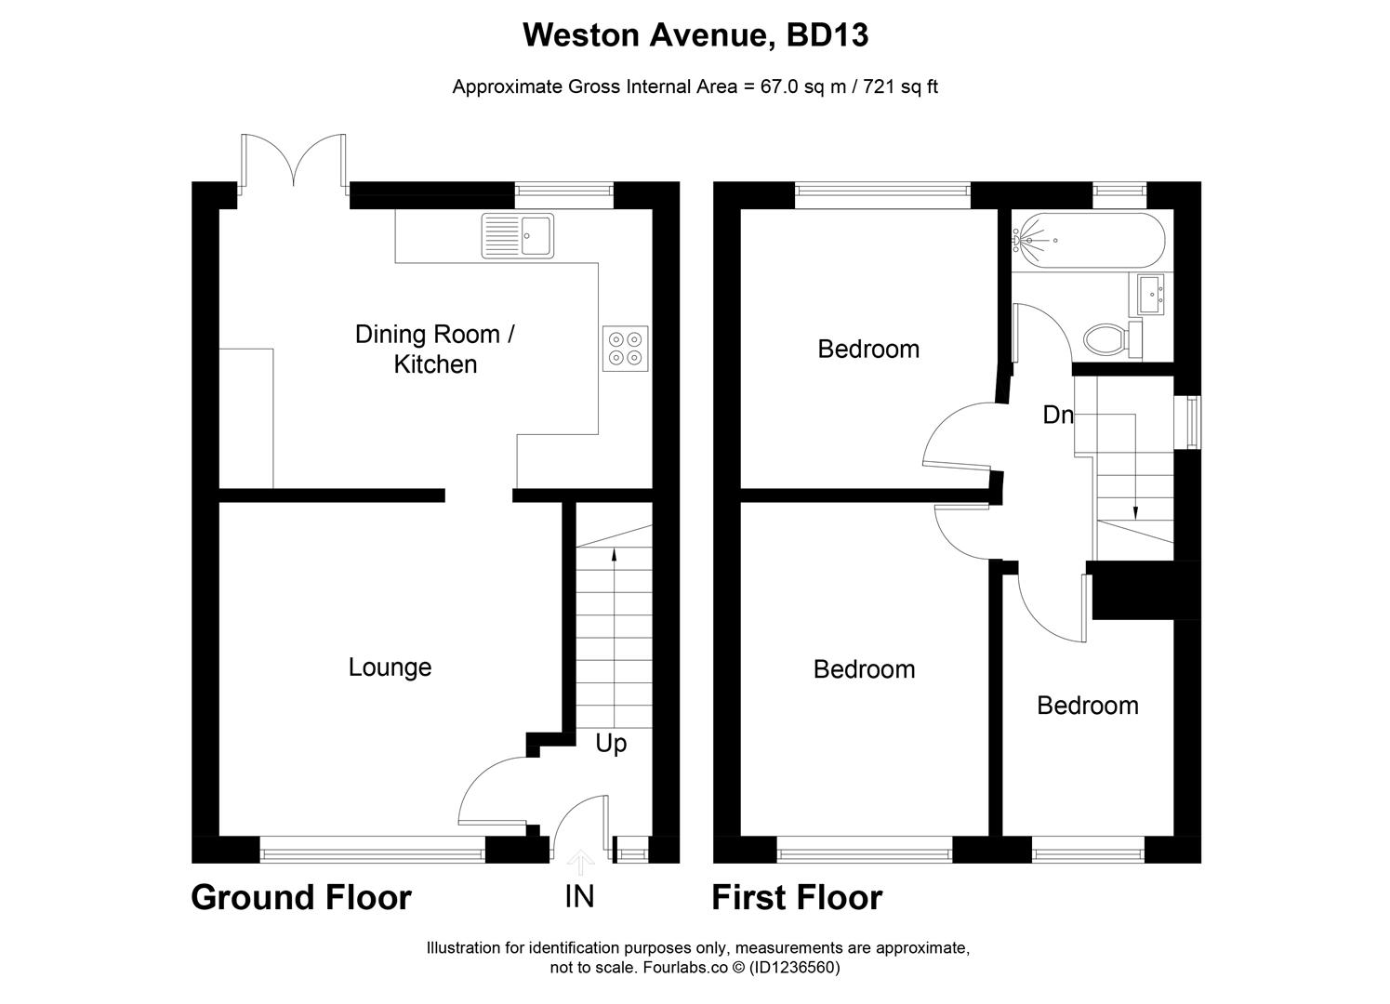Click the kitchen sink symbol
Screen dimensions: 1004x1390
tap(517, 235)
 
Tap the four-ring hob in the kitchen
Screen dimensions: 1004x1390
tap(625, 349)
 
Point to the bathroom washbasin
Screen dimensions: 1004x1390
tap(1151, 295)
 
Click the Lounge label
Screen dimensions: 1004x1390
tap(390, 667)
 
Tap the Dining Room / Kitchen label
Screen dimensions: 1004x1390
tap(435, 349)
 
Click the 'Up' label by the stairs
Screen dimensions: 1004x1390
tap(611, 744)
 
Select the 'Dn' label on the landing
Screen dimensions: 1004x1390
tap(1057, 415)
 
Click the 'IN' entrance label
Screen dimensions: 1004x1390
tap(579, 896)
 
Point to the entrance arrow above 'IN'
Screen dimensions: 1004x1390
tap(580, 862)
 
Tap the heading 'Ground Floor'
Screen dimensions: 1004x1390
tap(300, 898)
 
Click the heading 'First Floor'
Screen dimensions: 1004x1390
tap(797, 898)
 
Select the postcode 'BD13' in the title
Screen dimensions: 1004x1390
tap(827, 35)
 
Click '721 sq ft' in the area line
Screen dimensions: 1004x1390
tap(901, 87)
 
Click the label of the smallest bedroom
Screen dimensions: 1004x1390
tap(1087, 706)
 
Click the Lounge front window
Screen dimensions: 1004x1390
tap(372, 848)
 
